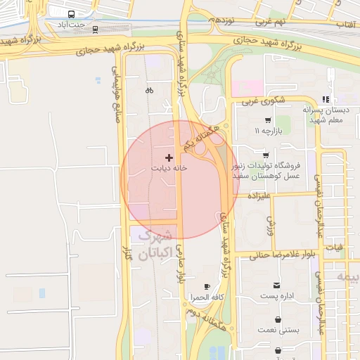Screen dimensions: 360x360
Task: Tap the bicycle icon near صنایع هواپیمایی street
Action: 149,90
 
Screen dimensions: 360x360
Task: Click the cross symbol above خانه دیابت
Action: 168,157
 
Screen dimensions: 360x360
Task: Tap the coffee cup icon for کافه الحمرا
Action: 207,286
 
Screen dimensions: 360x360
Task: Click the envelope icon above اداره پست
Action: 278,285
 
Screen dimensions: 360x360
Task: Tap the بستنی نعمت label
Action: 279,329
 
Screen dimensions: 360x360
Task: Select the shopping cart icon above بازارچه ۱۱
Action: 268,120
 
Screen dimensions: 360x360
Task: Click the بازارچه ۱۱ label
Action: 271,131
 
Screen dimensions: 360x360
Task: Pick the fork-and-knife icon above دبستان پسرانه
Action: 324,99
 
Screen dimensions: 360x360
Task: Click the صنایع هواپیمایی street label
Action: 115,95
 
